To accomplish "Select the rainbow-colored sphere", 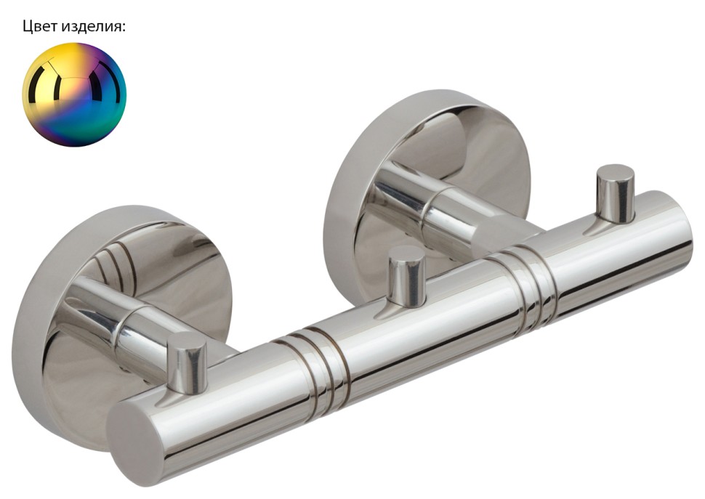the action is click(x=75, y=94).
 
